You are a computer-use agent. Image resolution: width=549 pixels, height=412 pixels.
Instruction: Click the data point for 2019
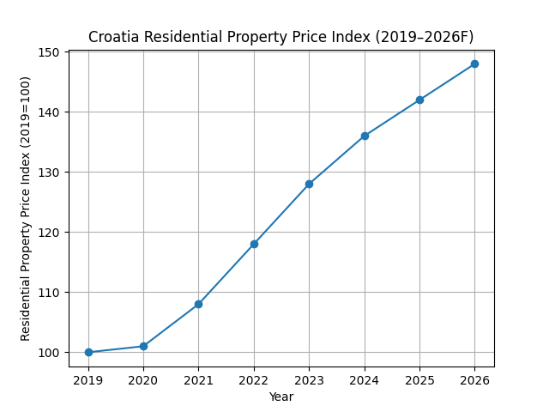coord(88,352)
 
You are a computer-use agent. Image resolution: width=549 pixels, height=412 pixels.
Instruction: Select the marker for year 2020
coord(143,346)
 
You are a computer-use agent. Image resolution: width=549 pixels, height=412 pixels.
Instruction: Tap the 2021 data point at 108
coord(198,304)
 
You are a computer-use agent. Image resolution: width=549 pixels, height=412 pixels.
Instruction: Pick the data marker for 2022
coord(254,244)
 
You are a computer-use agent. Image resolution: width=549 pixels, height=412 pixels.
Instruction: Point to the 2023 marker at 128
coord(309,184)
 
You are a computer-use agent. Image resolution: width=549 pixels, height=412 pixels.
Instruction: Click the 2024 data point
coord(365,136)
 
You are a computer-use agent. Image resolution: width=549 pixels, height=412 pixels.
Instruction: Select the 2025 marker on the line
coord(419,100)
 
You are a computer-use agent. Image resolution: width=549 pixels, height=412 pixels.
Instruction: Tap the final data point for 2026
coord(474,64)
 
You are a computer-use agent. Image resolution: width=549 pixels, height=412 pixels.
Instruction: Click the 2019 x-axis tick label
coord(88,379)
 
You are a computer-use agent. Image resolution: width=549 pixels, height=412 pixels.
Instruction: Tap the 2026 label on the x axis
coord(474,379)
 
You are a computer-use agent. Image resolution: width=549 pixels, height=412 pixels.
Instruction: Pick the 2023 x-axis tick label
coord(309,379)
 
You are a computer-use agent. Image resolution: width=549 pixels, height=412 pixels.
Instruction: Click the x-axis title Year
coord(281,397)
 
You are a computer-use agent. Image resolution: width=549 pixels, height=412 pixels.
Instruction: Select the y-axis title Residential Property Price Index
coord(26,208)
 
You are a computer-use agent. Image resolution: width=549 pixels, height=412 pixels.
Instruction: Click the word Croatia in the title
coord(115,37)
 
